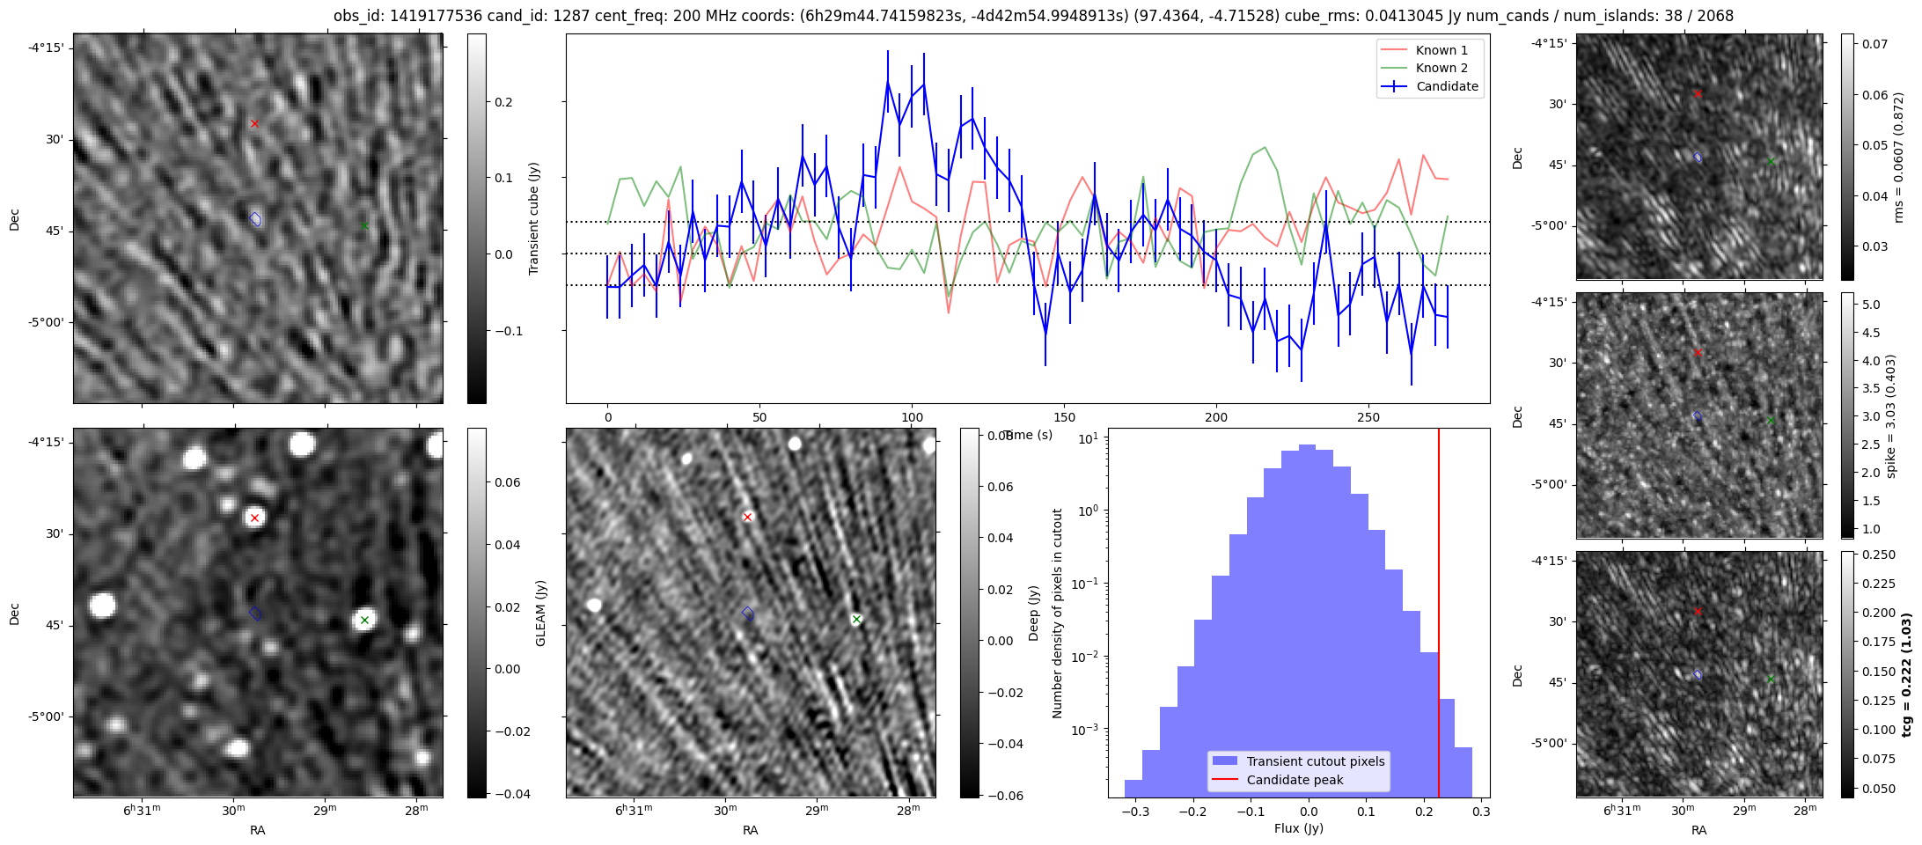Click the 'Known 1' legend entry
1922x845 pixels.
[x=1441, y=50]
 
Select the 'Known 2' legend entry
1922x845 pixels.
[x=1441, y=68]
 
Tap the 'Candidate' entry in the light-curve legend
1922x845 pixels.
[x=1446, y=86]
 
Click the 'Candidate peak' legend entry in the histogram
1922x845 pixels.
[x=1295, y=780]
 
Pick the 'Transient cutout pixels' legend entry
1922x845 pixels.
[x=1315, y=761]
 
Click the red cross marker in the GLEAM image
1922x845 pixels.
[x=254, y=518]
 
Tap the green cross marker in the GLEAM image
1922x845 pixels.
[x=364, y=620]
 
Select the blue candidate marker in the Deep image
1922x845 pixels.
[x=748, y=613]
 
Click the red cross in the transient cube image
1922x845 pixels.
[x=254, y=123]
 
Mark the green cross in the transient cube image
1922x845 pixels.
[x=364, y=225]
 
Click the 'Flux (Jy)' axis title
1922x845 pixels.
[x=1298, y=828]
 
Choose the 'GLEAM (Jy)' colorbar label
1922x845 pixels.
[x=540, y=613]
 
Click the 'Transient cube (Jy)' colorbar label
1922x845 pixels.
[x=533, y=218]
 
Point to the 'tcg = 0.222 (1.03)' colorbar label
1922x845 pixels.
[x=1906, y=674]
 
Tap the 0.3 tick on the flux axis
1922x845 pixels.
[x=1480, y=811]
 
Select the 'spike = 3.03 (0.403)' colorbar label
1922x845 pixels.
[x=1890, y=415]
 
